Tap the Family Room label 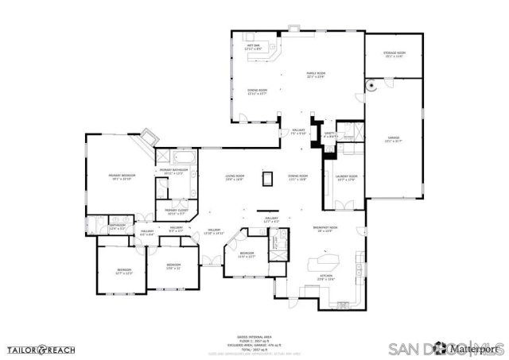[x=317, y=75]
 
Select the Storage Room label [x=394, y=55]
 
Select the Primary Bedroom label [x=122, y=176]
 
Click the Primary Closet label [x=175, y=212]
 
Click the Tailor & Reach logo [x=42, y=348]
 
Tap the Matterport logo [x=475, y=349]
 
